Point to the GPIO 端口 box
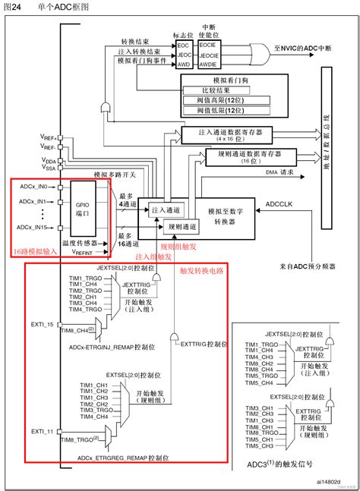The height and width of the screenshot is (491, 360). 83,209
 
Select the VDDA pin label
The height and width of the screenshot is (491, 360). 49,160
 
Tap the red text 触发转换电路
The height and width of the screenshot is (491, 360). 201,269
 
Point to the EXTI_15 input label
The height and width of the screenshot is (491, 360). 43,325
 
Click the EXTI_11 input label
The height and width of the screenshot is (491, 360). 43,432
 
